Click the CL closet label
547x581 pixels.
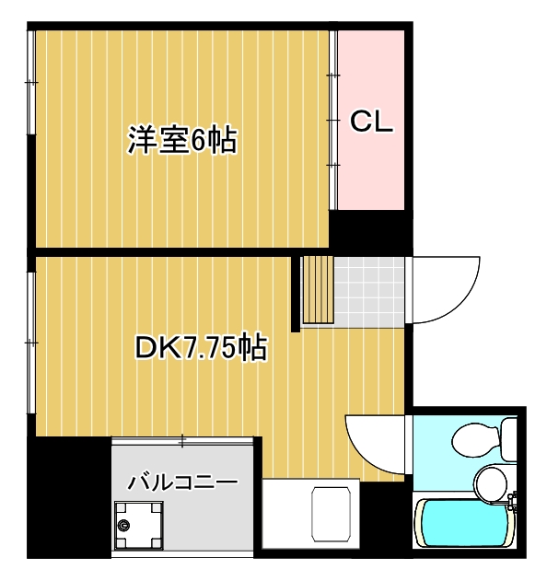click(x=372, y=122)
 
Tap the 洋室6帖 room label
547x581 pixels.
click(x=182, y=141)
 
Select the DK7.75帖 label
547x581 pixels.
click(x=200, y=348)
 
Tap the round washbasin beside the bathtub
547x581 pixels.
click(x=491, y=481)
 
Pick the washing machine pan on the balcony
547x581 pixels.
click(x=136, y=527)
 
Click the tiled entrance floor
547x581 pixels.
click(x=368, y=290)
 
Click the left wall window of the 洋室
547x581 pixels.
click(x=31, y=83)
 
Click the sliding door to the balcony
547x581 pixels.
click(x=182, y=439)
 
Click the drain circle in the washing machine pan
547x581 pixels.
click(x=125, y=526)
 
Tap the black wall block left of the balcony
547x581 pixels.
click(x=70, y=497)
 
